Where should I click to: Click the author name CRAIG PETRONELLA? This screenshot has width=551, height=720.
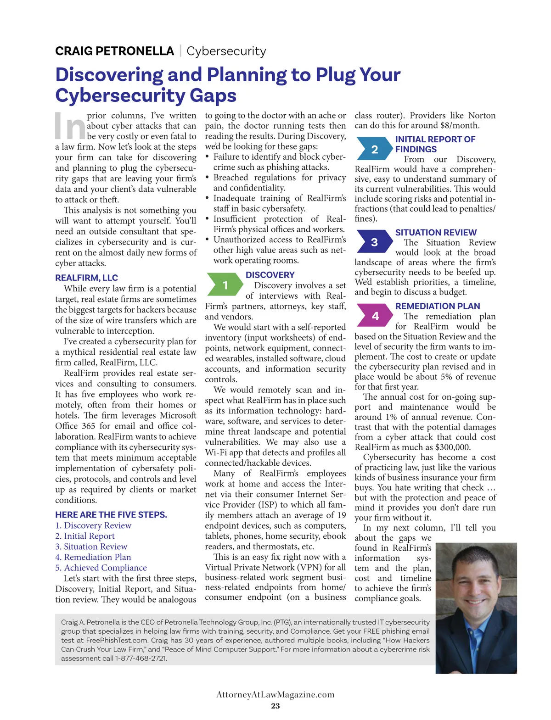pos(114,51)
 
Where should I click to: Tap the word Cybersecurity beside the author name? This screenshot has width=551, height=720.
pos(226,51)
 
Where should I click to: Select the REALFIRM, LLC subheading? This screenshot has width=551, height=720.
pos(86,278)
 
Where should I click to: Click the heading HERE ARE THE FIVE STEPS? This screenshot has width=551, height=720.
pos(111,514)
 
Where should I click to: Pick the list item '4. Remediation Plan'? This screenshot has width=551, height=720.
pos(93,557)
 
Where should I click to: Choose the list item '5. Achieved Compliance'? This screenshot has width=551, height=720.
pos(101,568)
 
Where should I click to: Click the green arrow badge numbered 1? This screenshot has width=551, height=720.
pos(225,285)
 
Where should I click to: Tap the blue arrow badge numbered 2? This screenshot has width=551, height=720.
pos(375,149)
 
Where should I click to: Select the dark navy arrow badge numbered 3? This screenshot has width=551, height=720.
pos(375,242)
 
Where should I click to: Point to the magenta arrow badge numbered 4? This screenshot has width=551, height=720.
pos(375,316)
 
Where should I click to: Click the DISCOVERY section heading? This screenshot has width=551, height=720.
pos(270,275)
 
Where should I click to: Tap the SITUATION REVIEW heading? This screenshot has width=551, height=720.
pos(436,232)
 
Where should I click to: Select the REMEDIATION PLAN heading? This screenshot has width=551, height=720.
pos(438,306)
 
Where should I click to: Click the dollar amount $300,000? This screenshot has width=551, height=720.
pos(453,447)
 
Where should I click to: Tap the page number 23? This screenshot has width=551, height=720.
pos(275,706)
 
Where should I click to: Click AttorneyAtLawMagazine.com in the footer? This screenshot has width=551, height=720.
pos(275,694)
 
